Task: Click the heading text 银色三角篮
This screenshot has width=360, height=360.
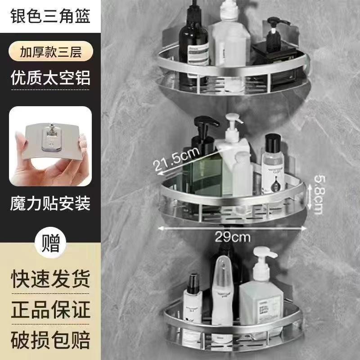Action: click(x=50, y=17)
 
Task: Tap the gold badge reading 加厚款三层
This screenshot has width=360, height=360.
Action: click(x=50, y=51)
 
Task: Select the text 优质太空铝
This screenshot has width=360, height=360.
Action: click(x=50, y=77)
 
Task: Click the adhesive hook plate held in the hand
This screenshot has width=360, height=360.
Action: click(x=50, y=144)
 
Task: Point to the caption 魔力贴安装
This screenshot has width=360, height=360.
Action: click(x=50, y=203)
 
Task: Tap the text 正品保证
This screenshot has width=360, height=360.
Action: click(x=50, y=310)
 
